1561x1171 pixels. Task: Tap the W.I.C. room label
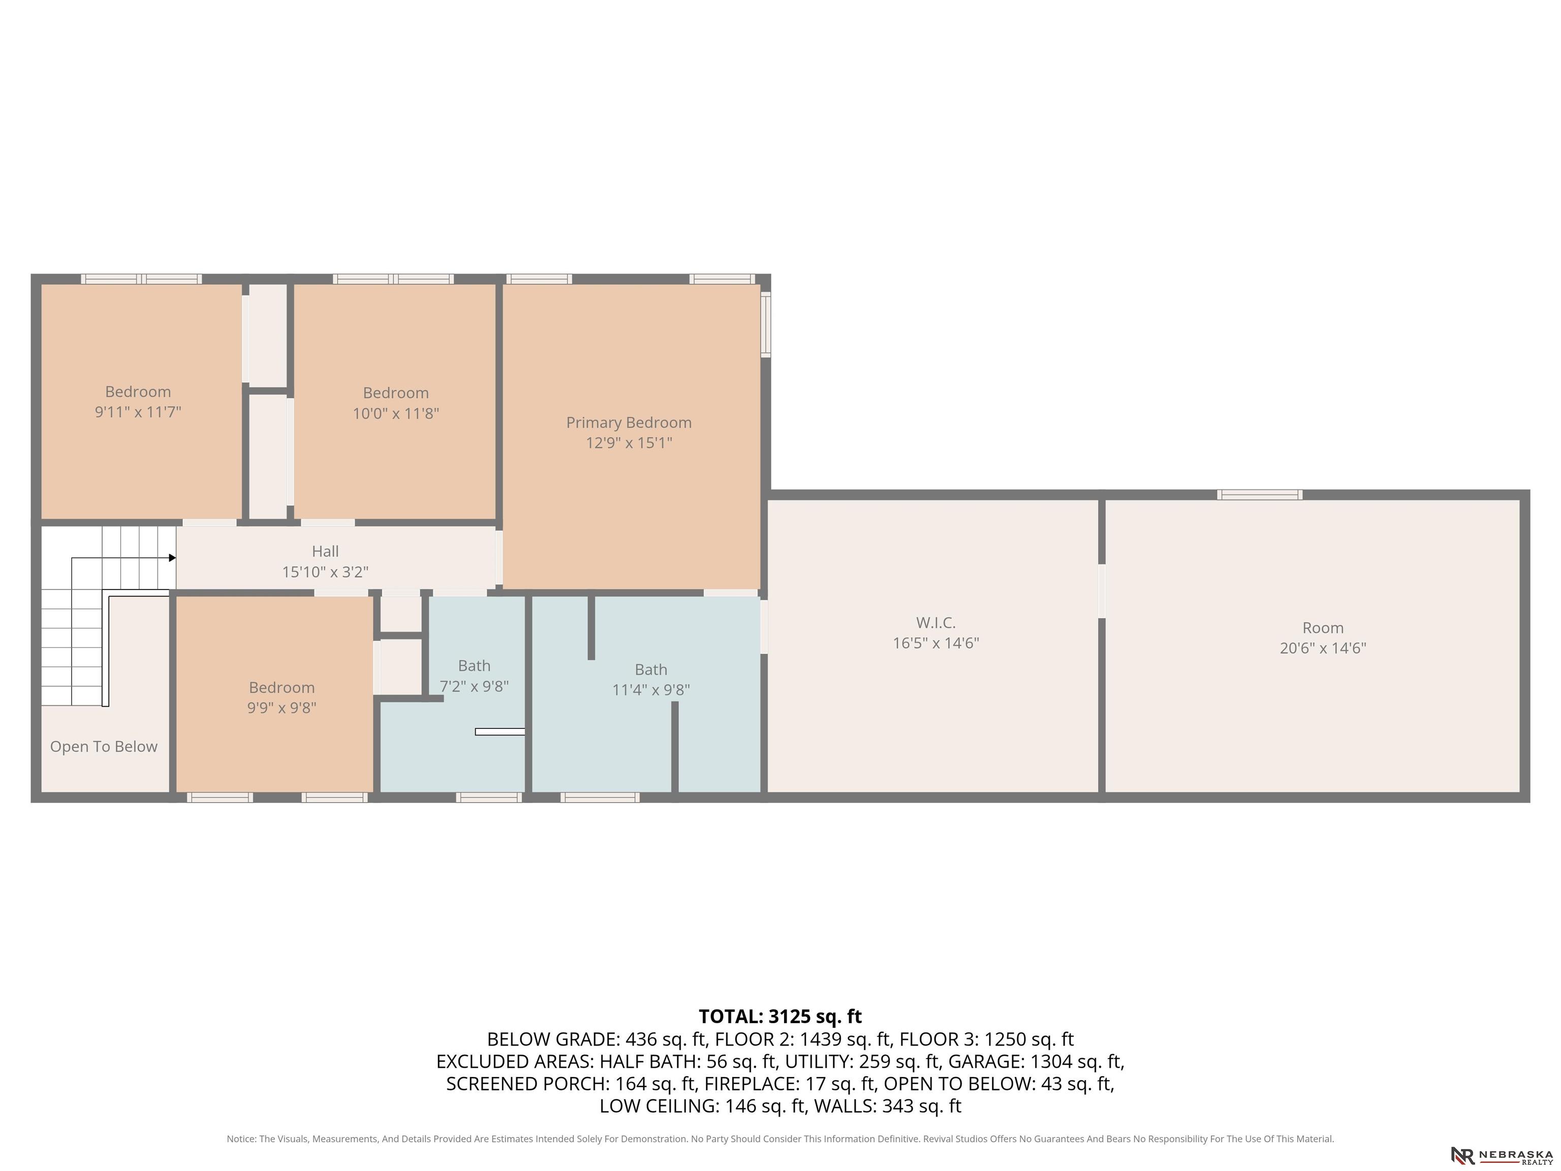pos(936,623)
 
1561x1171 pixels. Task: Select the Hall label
pos(325,551)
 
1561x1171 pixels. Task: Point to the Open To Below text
pos(104,747)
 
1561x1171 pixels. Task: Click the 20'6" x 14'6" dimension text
pos(1323,648)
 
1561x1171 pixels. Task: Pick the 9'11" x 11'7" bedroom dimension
pos(138,412)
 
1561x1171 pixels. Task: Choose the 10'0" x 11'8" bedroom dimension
pos(396,413)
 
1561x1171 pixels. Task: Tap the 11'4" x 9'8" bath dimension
pos(650,690)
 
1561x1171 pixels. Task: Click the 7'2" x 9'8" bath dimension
pos(474,686)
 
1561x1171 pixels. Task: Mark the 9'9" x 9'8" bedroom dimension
pos(282,707)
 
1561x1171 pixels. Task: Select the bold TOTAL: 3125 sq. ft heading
pos(780,1016)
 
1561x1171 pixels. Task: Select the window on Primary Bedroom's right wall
pos(766,325)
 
